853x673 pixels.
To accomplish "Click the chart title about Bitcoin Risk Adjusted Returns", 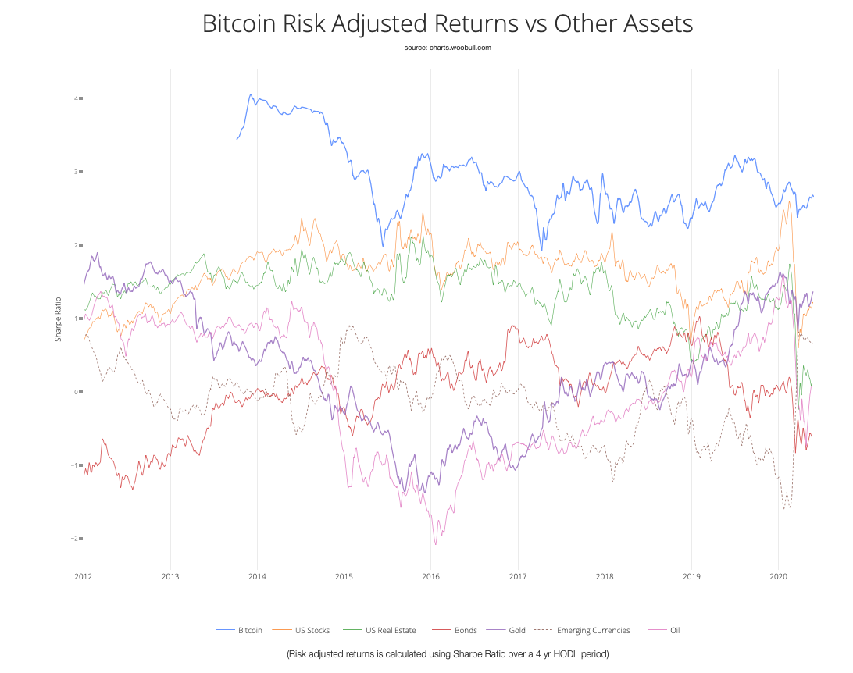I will point(447,23).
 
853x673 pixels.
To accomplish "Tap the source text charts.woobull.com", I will point(447,48).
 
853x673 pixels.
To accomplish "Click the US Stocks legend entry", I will point(312,630).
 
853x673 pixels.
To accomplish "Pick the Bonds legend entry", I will point(464,630).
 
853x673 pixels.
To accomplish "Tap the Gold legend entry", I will point(516,630).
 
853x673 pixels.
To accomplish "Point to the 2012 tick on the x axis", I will point(84,577).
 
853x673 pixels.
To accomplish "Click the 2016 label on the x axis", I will point(430,577).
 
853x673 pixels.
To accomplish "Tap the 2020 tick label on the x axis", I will point(777,577).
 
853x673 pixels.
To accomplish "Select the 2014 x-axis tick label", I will point(257,577).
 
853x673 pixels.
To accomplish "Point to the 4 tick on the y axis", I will point(76,98).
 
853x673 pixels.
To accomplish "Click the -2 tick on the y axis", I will point(75,539).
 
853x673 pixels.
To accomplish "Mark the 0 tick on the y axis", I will point(76,392).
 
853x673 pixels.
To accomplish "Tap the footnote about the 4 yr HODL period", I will point(447,653).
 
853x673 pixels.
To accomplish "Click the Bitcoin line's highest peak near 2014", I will point(250,94).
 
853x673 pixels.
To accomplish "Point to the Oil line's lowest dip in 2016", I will point(435,544).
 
